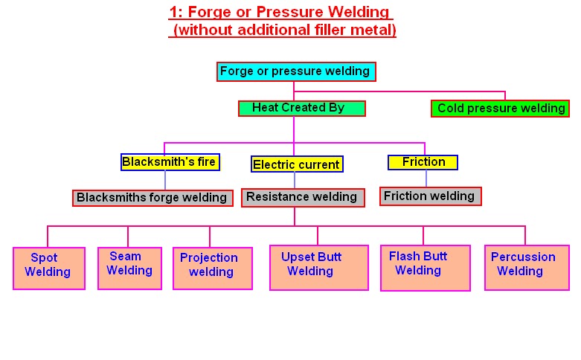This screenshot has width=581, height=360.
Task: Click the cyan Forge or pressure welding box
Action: click(x=296, y=71)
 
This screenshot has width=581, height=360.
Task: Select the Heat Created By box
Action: click(x=301, y=109)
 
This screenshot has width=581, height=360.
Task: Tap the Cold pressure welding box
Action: click(x=500, y=109)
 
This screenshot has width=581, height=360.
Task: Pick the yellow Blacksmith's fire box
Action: click(x=170, y=162)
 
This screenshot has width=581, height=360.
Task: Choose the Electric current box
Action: click(x=297, y=164)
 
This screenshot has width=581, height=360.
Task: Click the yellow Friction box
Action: click(x=423, y=162)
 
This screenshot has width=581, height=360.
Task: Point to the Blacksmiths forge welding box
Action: click(x=153, y=198)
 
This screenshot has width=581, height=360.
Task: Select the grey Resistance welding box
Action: click(x=303, y=197)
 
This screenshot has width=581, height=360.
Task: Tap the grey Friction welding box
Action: click(x=430, y=196)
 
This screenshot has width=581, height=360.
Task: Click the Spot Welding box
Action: click(x=49, y=269)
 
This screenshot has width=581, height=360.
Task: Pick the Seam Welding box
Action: click(x=129, y=269)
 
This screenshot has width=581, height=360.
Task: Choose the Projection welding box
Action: click(x=213, y=269)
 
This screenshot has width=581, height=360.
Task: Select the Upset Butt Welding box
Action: click(x=319, y=268)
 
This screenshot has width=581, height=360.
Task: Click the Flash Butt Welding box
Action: click(x=426, y=268)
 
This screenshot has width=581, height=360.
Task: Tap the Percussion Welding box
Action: click(x=527, y=268)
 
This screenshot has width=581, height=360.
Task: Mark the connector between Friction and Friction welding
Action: click(x=426, y=179)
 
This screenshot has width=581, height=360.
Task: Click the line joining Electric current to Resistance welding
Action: click(x=295, y=180)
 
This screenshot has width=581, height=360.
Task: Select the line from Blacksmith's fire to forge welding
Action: click(x=165, y=180)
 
